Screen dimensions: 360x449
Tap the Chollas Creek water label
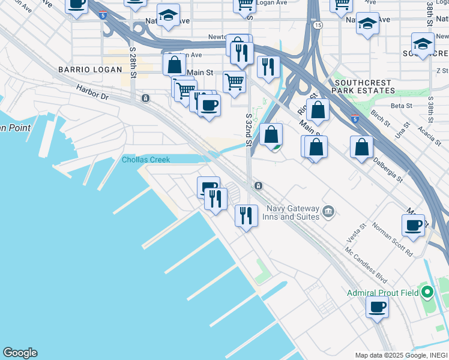[146, 160]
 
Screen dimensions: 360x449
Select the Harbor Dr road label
[92, 92]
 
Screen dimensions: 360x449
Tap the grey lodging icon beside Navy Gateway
[328, 211]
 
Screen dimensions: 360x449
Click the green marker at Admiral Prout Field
[427, 293]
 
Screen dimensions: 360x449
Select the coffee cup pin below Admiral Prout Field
[378, 307]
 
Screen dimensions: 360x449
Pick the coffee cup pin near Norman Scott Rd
[413, 225]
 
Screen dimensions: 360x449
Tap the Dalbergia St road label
[388, 170]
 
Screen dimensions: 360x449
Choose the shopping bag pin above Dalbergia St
[361, 146]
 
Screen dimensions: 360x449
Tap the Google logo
[20, 353]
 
